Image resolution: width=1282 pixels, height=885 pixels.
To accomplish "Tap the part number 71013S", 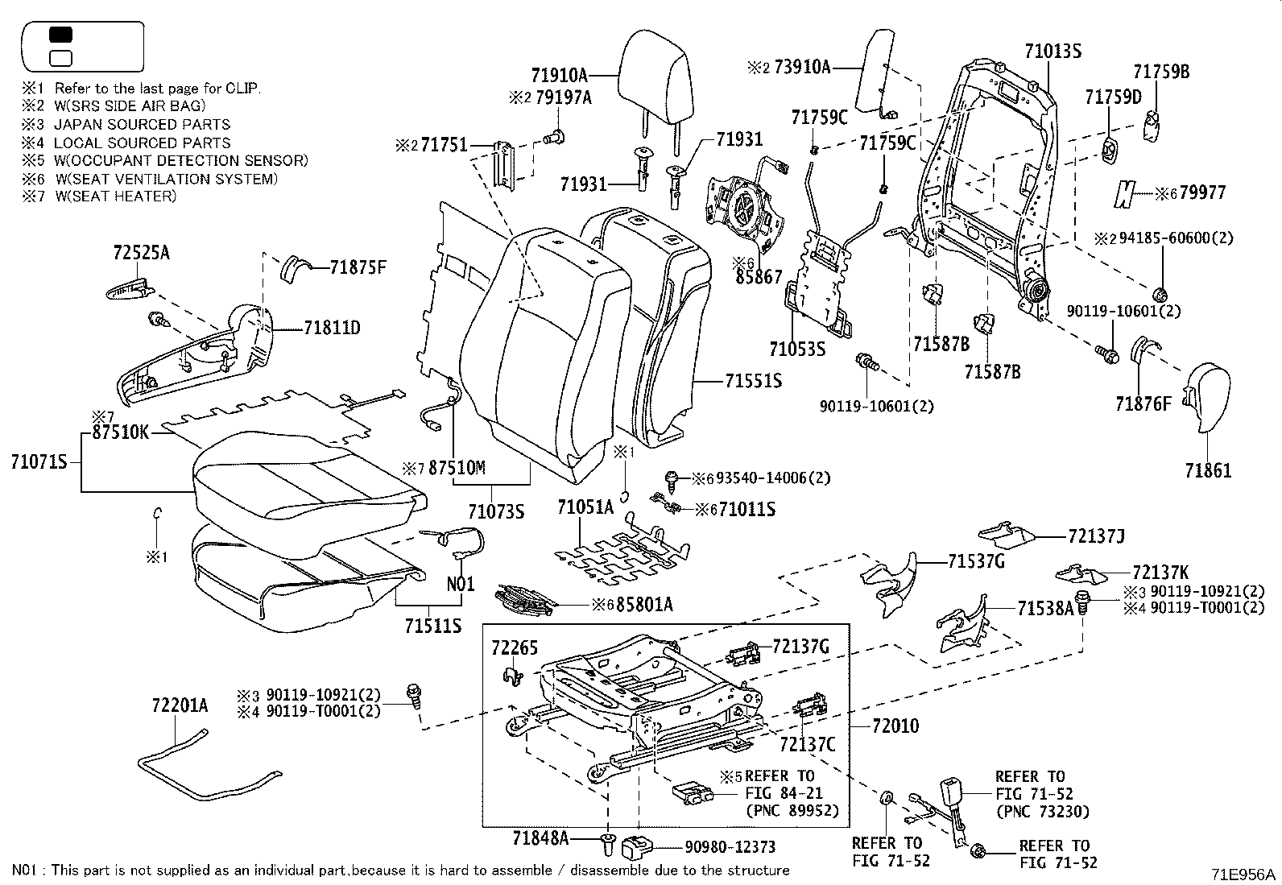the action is coord(1052,52).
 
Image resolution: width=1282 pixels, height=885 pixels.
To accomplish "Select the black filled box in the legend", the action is coord(60,35).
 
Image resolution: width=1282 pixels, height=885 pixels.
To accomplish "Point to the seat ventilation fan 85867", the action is coord(744,206).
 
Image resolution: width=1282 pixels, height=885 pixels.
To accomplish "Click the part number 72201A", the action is coord(180,705).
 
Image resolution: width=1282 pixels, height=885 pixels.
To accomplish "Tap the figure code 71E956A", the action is coord(1243,874).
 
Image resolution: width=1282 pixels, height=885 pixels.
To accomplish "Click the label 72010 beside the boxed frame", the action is coord(895,726).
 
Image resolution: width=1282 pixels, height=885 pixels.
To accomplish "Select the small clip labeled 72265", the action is coord(514,676).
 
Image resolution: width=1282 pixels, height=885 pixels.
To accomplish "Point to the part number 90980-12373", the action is coord(730,846).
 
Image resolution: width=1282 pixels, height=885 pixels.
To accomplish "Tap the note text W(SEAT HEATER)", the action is coord(116,196).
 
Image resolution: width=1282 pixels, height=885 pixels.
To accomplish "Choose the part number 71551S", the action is coord(753,381).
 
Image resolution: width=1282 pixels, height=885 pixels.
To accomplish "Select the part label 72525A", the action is coord(142,252).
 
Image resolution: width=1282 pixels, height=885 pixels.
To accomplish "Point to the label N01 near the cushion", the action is coord(461,584).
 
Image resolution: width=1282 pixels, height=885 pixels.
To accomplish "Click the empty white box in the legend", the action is coord(60,59).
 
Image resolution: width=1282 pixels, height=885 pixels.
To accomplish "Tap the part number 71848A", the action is coord(540,838).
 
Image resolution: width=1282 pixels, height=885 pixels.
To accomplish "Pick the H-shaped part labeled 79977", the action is coord(1124,194).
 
